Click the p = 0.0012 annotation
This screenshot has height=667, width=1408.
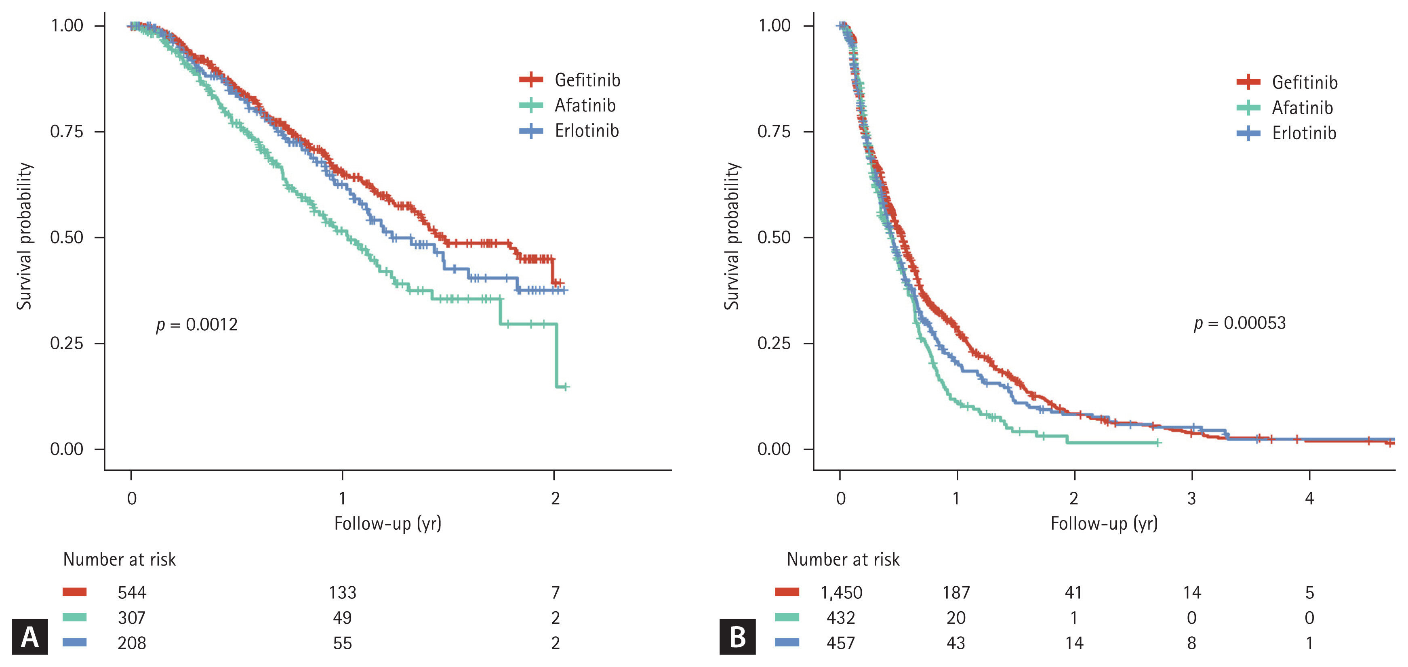pos(197,325)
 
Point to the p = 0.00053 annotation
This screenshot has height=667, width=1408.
pos(1239,323)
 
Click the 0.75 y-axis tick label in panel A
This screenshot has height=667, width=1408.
pos(67,132)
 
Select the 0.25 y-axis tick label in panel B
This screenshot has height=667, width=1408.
pos(774,343)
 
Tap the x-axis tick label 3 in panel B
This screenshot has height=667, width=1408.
pos(1191,498)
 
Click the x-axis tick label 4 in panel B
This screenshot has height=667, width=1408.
pos(1309,498)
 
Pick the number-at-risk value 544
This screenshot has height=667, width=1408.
pos(132,593)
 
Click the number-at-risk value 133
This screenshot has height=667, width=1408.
pos(342,593)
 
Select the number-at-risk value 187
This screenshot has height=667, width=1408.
pos(956,593)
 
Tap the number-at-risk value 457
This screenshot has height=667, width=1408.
pos(841,644)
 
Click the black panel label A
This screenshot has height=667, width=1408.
pos(29,637)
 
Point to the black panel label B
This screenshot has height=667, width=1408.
pos(737,637)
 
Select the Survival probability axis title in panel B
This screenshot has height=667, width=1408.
pos(731,236)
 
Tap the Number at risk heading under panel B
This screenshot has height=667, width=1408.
pos(843,559)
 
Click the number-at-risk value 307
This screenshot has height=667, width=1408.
pos(132,618)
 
